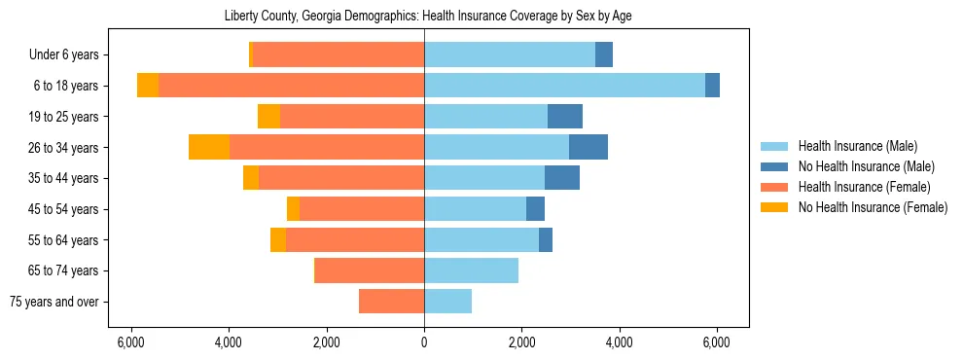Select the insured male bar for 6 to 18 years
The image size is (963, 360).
click(564, 86)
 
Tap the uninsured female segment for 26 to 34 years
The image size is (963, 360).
click(209, 147)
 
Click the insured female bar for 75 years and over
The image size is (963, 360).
click(391, 302)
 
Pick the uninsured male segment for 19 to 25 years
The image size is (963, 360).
click(564, 117)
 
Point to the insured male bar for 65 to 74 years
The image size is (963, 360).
click(471, 270)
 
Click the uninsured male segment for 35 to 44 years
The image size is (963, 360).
click(561, 178)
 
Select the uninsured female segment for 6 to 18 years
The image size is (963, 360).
click(148, 86)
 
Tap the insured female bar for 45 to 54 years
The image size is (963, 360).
click(362, 209)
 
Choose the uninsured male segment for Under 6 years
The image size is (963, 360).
click(603, 54)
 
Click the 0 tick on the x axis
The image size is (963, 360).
click(424, 342)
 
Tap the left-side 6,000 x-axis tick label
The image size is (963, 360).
click(130, 342)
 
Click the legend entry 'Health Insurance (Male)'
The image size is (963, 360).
click(857, 146)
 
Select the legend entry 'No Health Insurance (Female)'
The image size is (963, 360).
click(873, 207)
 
